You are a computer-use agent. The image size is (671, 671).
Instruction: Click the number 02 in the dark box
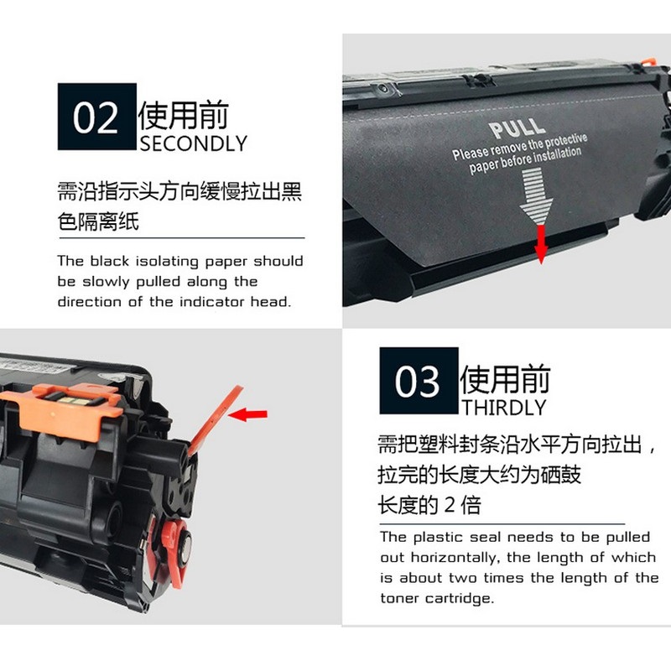click(x=96, y=117)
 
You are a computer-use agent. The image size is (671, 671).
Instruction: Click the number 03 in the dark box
click(x=417, y=381)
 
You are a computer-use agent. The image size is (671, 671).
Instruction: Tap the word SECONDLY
click(x=194, y=143)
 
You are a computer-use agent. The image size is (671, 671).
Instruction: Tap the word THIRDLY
click(x=504, y=408)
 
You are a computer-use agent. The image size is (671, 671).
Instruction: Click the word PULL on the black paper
click(x=517, y=128)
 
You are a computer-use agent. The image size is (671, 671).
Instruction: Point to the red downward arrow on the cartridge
click(x=541, y=244)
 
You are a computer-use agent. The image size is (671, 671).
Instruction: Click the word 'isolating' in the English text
click(x=167, y=261)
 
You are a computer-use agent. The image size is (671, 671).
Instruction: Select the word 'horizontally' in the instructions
click(x=455, y=558)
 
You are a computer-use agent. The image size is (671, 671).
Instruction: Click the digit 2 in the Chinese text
click(x=449, y=505)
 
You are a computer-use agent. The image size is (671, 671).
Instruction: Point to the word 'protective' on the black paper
click(x=565, y=141)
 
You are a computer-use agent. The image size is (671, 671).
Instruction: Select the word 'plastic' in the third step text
click(x=438, y=538)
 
